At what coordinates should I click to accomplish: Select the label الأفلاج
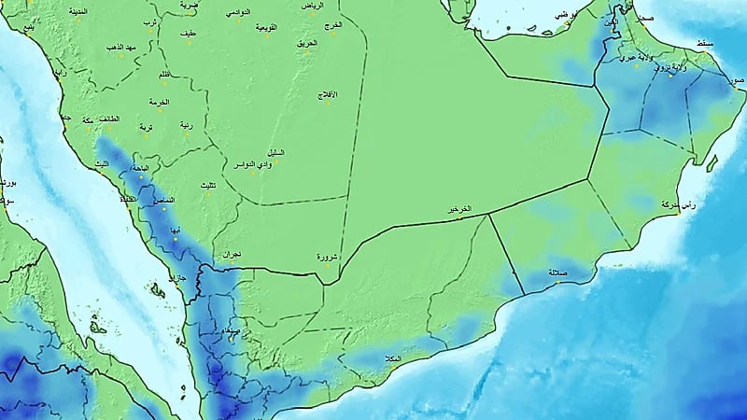328,95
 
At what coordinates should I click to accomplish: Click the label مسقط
706,44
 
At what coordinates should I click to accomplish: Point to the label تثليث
210,186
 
